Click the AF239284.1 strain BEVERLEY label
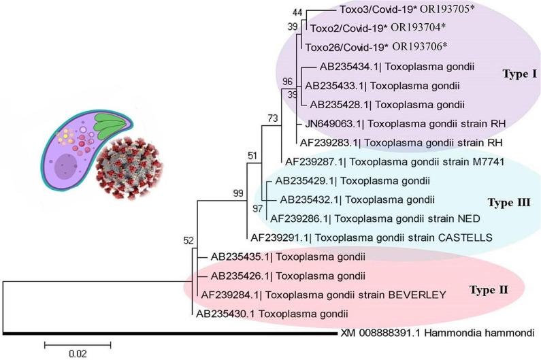[323, 295]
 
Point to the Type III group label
[509, 202]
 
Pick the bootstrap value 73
[272, 118]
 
